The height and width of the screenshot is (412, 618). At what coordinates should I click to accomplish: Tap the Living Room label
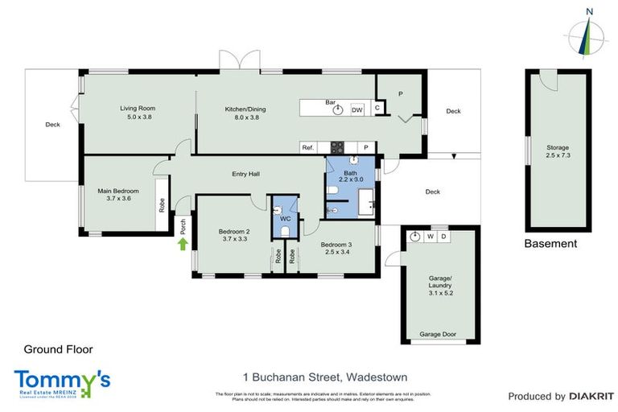[x=137, y=108]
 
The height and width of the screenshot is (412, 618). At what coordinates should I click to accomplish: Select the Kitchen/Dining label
[x=245, y=109]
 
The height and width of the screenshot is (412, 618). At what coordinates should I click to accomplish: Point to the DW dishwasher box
[x=357, y=109]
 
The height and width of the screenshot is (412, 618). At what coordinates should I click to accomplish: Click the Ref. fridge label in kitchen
[x=307, y=148]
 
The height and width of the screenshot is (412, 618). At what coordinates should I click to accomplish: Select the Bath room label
[x=350, y=173]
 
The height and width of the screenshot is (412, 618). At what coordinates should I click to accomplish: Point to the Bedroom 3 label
[x=336, y=244]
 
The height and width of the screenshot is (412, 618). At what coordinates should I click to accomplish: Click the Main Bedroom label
[x=118, y=191]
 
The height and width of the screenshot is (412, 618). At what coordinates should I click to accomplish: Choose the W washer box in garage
[x=431, y=237]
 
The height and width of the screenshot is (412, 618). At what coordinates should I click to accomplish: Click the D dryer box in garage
[x=443, y=237]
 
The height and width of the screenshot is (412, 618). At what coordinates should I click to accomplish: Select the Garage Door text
[x=438, y=334]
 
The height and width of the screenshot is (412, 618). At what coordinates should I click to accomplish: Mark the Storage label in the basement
[x=558, y=147]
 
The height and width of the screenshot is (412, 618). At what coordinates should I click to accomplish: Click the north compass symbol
[x=589, y=32]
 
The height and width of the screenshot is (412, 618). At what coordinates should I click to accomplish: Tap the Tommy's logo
[x=62, y=381]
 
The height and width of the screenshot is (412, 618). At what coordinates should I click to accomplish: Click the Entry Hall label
[x=245, y=174]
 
